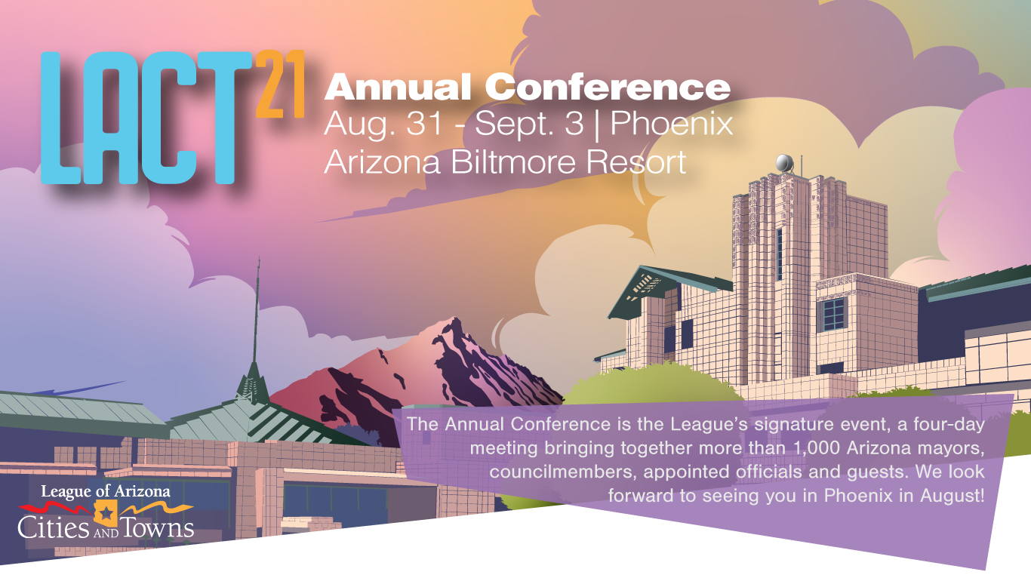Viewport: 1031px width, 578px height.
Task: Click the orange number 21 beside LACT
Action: point(280,84)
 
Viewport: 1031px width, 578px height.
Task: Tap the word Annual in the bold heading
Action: point(398,87)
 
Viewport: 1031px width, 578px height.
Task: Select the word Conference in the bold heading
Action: point(608,87)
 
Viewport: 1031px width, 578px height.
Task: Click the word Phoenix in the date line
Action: point(672,123)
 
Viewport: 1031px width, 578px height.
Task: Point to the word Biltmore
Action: point(512,162)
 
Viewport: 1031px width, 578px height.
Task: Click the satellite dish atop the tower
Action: point(784,164)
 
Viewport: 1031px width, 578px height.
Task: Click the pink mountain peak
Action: point(454,327)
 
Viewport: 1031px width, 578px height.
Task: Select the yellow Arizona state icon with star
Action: point(106,513)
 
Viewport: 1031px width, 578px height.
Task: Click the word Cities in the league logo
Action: point(54,527)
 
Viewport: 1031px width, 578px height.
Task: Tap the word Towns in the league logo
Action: point(157,527)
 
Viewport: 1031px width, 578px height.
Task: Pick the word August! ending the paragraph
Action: point(952,496)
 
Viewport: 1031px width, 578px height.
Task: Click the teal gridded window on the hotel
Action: point(833,314)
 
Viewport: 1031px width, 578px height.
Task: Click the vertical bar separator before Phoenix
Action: point(597,125)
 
